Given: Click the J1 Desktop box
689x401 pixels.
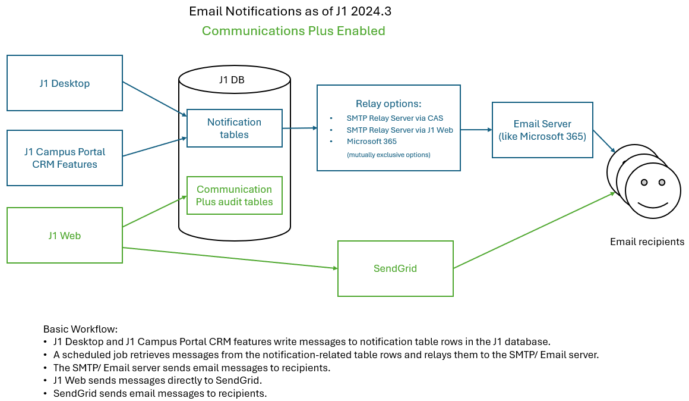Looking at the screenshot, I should click(64, 83).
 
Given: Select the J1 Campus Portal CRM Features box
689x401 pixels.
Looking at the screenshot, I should click(64, 158).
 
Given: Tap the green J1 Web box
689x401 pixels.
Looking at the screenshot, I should click(64, 236).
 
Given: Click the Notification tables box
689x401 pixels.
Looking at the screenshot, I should click(234, 128).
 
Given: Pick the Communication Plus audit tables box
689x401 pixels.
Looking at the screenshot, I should click(234, 195).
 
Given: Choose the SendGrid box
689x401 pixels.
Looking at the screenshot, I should click(395, 268).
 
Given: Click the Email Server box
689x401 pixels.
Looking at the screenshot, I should click(542, 130).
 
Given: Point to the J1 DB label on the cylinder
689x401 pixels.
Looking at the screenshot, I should click(234, 80).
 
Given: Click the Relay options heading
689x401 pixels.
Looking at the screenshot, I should click(388, 104).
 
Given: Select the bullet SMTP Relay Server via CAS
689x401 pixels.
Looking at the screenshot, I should click(395, 118).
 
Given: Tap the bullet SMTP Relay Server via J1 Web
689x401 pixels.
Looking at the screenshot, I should click(400, 130).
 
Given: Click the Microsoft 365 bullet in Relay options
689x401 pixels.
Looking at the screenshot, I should click(372, 142).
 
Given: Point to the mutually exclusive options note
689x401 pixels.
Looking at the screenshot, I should click(388, 155).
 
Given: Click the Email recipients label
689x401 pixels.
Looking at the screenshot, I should click(647, 242).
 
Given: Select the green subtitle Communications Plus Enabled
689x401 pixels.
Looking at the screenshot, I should click(293, 31).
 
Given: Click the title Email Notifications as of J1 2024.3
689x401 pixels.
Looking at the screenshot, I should click(290, 11).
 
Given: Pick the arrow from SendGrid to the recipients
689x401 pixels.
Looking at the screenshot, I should click(535, 230).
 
